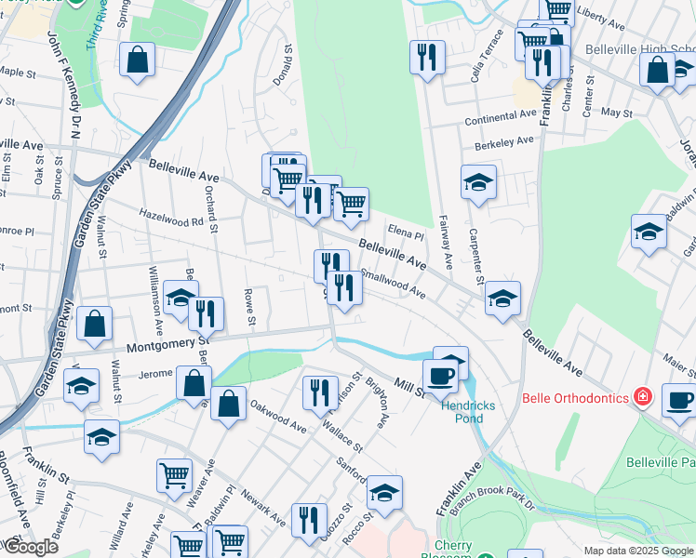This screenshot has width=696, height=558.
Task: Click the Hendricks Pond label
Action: coord(468,412)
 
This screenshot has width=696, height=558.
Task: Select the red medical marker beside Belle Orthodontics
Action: coord(642,397)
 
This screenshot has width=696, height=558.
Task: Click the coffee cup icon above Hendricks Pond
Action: coord(439,375)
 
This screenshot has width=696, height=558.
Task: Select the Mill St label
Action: coord(408,385)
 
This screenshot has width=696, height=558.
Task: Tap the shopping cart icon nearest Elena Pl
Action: coord(351,203)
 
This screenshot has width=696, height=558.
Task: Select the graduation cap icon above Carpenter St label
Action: coord(478,182)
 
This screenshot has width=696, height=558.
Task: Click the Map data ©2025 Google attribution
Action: coord(638,551)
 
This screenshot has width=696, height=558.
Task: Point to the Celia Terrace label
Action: coord(488,56)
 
